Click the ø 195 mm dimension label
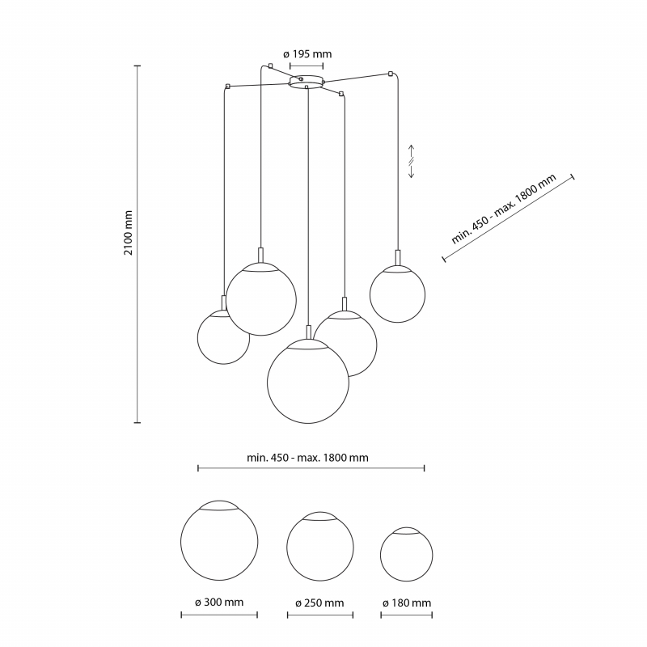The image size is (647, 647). coord(307,54)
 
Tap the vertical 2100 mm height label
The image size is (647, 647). coord(129,233)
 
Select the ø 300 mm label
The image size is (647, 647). coord(219,602)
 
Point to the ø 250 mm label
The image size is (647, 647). coord(319,603)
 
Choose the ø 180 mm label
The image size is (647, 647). coord(407,603)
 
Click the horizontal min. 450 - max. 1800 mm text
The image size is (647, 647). coord(307,458)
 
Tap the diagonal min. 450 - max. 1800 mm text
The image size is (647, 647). coord(503,209)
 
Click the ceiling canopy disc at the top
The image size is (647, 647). coord(307,82)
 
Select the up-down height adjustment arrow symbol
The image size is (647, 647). coord(412,161)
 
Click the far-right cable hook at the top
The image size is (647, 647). coord(391,74)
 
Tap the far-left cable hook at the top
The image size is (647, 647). coord(227,87)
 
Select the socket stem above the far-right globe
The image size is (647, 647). coord(398,257)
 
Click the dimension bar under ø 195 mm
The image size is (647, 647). coord(307,66)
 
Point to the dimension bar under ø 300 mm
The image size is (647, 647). coord(219,615)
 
